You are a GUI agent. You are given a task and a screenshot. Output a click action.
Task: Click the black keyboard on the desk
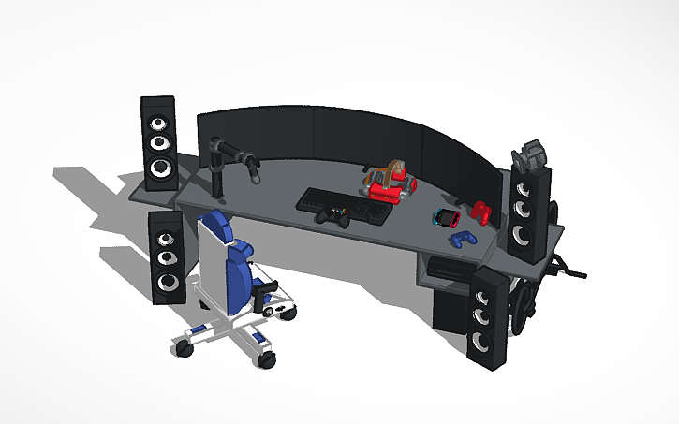(345, 203)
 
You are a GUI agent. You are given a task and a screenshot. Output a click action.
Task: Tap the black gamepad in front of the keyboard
(332, 218)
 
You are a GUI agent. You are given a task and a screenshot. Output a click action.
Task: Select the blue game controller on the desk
(462, 240)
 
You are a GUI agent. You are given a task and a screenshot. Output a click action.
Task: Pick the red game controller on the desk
(482, 212)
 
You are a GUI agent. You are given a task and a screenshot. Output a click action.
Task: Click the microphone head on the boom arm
(253, 169)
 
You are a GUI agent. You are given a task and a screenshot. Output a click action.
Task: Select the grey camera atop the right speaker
(532, 154)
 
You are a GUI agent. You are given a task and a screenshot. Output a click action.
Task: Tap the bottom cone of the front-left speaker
(170, 281)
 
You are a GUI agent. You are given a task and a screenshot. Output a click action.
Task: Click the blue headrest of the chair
(215, 226)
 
